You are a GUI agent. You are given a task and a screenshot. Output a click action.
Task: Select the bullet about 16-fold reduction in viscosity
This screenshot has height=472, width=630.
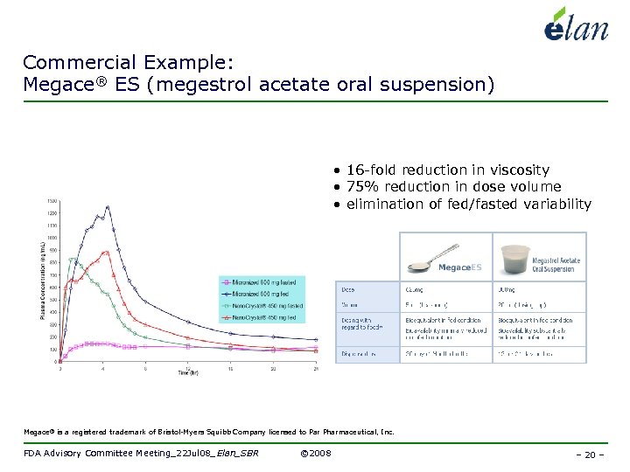447,170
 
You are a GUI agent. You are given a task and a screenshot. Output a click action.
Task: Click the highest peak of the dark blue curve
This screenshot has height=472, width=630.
107,207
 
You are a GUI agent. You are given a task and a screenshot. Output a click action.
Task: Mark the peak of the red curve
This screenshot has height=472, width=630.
105,252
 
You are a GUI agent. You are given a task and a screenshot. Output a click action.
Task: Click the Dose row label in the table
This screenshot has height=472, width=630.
347,288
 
